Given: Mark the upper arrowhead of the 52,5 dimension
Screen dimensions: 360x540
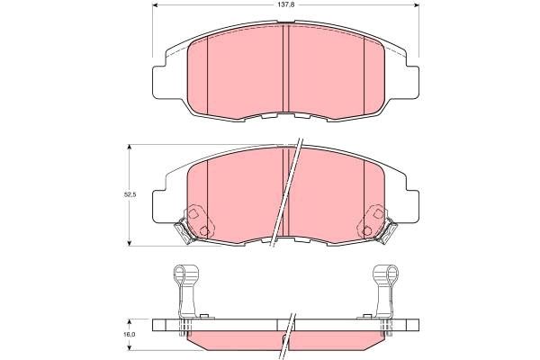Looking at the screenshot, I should tap(131, 147).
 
